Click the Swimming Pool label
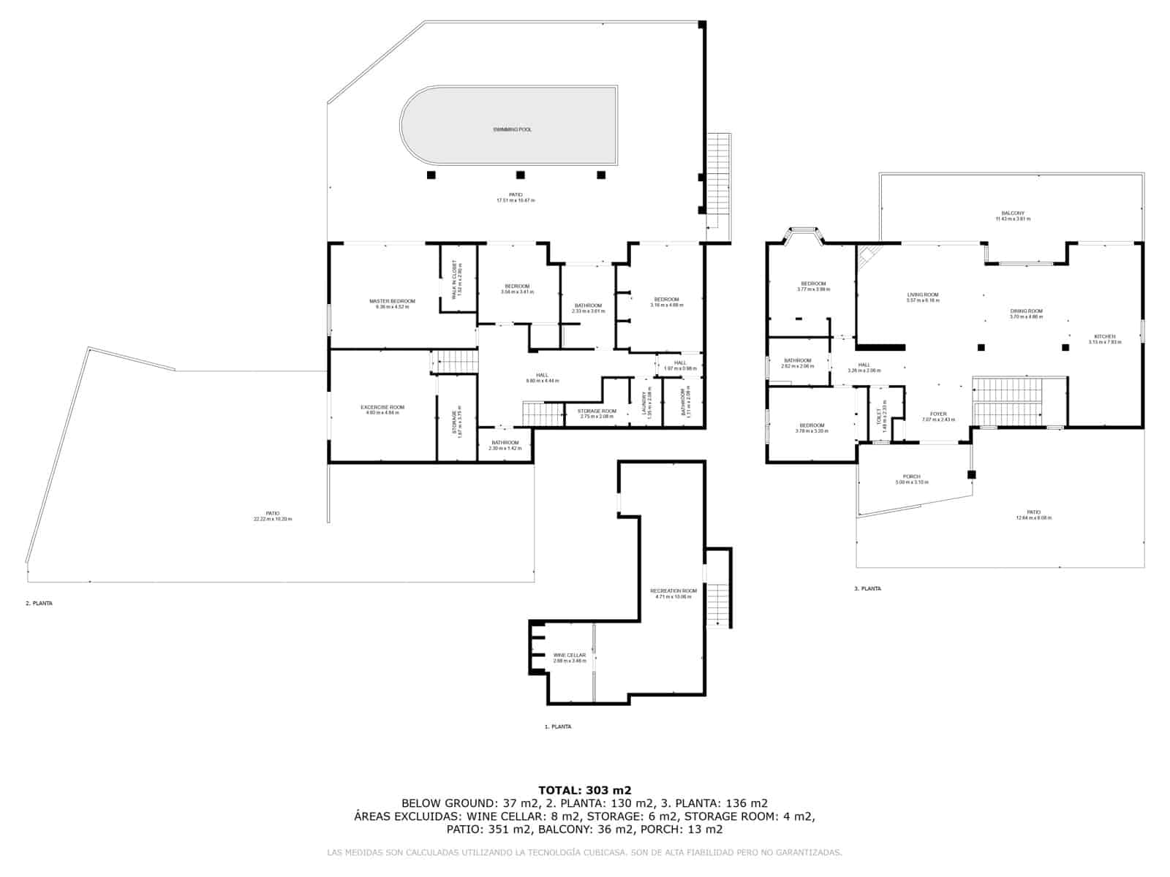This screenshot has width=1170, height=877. (x=512, y=129)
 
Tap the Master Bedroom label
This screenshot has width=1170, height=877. (x=392, y=301)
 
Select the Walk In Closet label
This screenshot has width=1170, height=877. (x=454, y=279)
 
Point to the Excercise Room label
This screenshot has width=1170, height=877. (x=382, y=407)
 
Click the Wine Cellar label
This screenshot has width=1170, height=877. (x=570, y=655)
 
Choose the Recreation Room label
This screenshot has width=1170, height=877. (x=673, y=591)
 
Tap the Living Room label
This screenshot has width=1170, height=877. (x=922, y=295)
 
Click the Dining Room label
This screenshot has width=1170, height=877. (x=1026, y=311)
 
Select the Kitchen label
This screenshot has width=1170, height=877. (x=1105, y=336)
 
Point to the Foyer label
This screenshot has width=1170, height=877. (x=938, y=414)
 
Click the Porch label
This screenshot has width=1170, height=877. (x=911, y=477)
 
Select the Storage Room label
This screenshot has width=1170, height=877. (x=597, y=411)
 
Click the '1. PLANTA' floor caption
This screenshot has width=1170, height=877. (x=558, y=726)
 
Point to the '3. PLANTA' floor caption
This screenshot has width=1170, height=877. (x=867, y=588)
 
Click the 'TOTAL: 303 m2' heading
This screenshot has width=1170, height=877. (x=584, y=789)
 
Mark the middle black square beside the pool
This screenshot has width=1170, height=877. (x=521, y=175)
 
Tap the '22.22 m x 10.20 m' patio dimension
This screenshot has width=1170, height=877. (x=273, y=519)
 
